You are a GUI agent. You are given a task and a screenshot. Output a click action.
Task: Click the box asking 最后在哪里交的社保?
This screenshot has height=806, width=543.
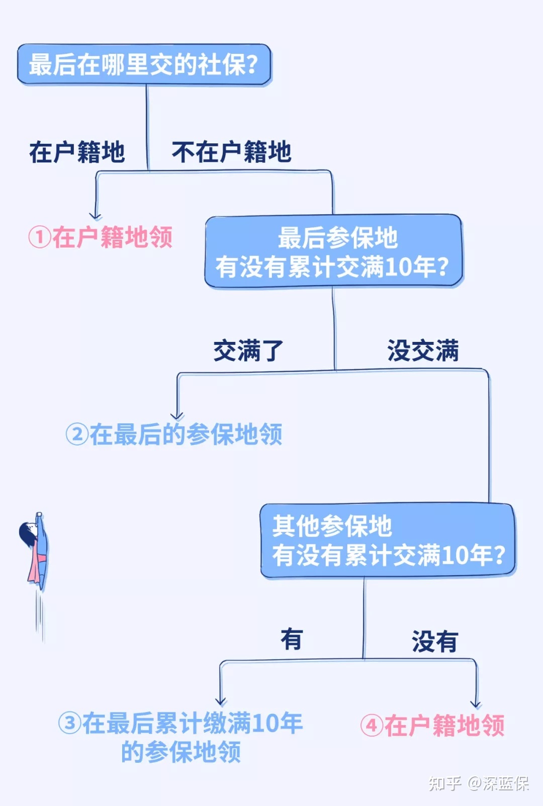pos(144,64)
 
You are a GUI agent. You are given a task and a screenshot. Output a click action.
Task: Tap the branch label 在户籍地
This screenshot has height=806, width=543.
pos(77,152)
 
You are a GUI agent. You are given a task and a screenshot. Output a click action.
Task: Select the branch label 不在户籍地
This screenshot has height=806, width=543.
pos(231,152)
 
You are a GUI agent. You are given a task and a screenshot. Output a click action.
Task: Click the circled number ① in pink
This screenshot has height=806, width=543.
pos(40,237)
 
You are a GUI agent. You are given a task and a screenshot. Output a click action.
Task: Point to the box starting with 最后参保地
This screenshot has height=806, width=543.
pos(333,251)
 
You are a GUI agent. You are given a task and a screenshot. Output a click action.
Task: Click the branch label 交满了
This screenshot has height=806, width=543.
pos(248,350)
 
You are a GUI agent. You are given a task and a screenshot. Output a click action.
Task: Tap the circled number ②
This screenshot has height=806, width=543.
pos(77,434)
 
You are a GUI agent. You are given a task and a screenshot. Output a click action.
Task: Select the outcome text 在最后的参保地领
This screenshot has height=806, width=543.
pos(186,434)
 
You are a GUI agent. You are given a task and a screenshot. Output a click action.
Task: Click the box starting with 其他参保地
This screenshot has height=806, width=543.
pos(388,541)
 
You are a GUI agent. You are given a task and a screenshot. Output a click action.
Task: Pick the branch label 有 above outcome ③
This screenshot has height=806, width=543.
pos(292,640)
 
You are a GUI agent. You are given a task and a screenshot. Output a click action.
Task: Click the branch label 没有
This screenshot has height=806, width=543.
pos(435,641)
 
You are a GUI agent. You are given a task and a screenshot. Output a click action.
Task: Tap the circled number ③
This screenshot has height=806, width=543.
pos(69,724)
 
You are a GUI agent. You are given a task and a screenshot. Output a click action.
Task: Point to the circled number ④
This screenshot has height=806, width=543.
pos(372,726)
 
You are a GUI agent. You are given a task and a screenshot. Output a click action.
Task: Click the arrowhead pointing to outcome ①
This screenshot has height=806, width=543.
pos(96,216)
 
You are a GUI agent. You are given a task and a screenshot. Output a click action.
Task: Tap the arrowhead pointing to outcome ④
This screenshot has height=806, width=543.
pos(476,704)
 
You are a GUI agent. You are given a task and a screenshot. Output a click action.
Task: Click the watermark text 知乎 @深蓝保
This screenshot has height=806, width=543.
pos(479,783)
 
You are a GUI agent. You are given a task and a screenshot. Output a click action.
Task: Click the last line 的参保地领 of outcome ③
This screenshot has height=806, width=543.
pos(181,752)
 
